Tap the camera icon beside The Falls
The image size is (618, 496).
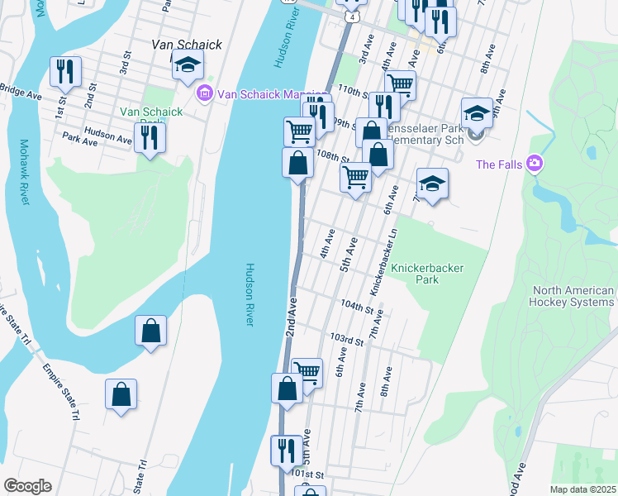coord(535,164)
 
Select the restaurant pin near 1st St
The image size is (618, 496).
coord(65,72)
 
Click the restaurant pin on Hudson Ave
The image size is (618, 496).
coord(150,137)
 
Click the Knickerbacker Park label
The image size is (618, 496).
coord(427,274)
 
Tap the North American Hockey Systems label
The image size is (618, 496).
coord(573,296)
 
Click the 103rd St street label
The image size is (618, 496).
coord(346,340)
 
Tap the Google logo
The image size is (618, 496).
coord(27,486)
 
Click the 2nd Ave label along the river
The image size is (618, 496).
coord(292,312)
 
